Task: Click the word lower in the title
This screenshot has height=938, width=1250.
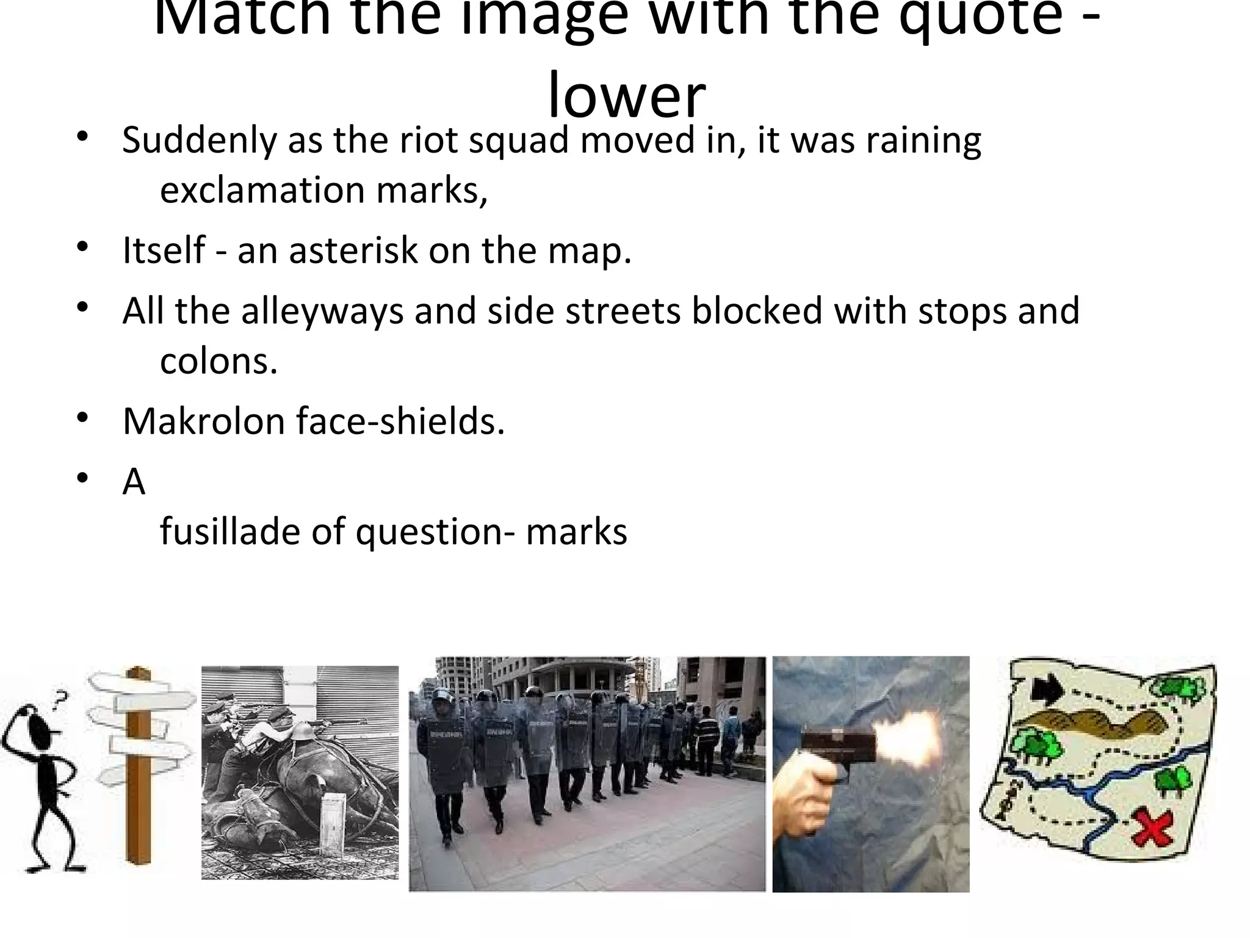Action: tap(627, 96)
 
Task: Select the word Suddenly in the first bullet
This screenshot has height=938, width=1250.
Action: tap(200, 140)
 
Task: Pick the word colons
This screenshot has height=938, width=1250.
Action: tap(218, 362)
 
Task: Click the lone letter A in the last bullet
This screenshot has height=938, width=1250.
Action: tap(134, 482)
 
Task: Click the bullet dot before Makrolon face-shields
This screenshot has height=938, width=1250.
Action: tap(84, 419)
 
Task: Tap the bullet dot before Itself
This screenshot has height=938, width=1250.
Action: tap(84, 248)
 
